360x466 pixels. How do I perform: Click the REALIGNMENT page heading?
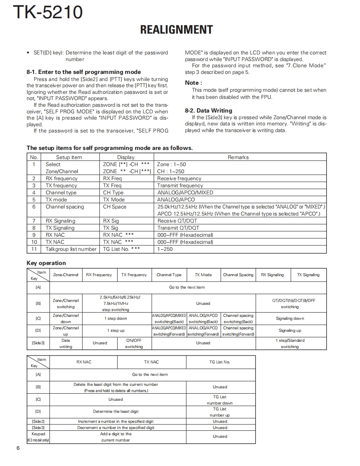pyautogui.click(x=176, y=30)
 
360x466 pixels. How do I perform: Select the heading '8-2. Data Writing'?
pyautogui.click(x=208, y=110)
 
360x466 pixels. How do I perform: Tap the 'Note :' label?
pyautogui.click(x=193, y=83)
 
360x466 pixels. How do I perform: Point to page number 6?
pyautogui.click(x=18, y=448)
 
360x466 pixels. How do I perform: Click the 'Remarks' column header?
pyautogui.click(x=238, y=157)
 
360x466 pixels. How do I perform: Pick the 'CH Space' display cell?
pyautogui.click(x=115, y=207)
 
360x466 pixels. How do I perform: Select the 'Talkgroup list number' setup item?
pyautogui.click(x=71, y=249)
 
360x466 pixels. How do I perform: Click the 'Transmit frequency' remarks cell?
pyautogui.click(x=180, y=186)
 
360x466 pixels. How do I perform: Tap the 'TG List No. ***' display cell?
pyautogui.click(x=121, y=249)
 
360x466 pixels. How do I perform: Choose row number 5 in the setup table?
pyautogui.click(x=34, y=200)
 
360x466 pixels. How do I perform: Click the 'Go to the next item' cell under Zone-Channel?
pyautogui.click(x=187, y=287)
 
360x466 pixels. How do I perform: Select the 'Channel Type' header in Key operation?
pyautogui.click(x=169, y=275)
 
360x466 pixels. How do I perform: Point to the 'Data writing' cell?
pyautogui.click(x=66, y=343)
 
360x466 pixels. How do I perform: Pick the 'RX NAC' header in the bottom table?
pyautogui.click(x=84, y=362)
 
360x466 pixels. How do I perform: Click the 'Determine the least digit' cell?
pyautogui.click(x=116, y=412)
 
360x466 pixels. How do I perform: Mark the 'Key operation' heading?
pyautogui.click(x=46, y=263)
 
